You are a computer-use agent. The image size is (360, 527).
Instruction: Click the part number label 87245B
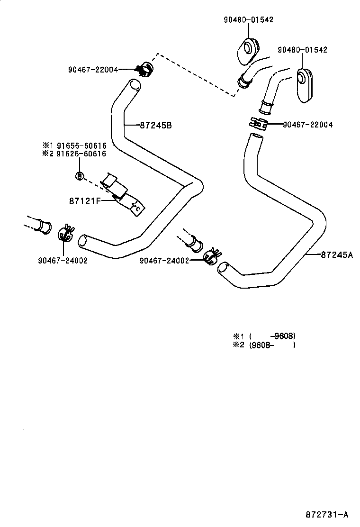click(155, 126)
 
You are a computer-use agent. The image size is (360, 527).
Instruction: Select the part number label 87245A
click(337, 255)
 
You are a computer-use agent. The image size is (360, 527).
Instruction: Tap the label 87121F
click(85, 200)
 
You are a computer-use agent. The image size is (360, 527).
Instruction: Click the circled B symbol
click(80, 176)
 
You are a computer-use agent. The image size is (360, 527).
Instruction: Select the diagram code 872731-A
click(327, 515)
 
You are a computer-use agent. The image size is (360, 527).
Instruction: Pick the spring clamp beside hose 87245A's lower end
click(211, 255)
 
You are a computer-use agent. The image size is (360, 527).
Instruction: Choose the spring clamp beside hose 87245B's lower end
click(65, 234)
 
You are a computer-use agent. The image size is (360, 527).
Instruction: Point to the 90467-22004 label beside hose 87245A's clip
click(307, 125)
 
